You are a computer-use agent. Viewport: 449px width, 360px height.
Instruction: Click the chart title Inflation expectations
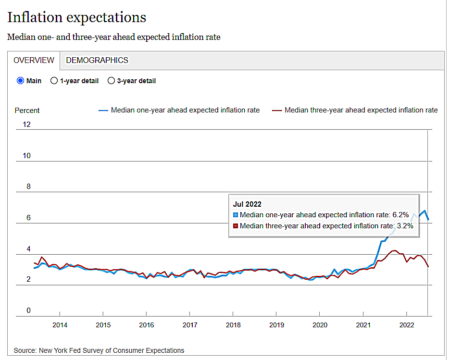point(76,18)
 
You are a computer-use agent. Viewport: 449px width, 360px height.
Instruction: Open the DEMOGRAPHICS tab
point(97,60)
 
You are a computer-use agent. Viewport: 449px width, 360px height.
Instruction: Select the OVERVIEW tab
point(34,60)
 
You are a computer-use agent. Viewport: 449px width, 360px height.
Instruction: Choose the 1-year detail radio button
point(54,81)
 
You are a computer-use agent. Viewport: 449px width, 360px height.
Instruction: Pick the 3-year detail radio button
point(111,81)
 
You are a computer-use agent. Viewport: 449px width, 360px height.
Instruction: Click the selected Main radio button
point(20,81)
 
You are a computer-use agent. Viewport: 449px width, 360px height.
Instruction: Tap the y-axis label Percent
point(27,111)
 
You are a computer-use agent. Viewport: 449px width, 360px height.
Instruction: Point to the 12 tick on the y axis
point(26,124)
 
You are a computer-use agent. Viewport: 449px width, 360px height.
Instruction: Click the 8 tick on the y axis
point(28,186)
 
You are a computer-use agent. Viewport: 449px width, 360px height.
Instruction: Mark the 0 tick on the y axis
point(28,310)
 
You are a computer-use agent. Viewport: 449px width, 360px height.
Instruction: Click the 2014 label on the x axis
point(60,325)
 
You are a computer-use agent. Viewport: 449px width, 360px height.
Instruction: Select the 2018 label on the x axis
point(233,325)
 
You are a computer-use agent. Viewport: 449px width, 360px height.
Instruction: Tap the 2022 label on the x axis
point(407,325)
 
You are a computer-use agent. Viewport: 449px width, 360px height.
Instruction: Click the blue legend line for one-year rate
point(103,110)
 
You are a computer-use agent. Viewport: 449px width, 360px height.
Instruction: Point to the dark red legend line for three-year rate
point(277,110)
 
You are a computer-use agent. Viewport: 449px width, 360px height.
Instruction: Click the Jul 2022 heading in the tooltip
point(247,204)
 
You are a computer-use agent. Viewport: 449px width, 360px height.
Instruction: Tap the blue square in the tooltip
point(236,215)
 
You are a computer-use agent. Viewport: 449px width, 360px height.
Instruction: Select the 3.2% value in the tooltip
point(404,225)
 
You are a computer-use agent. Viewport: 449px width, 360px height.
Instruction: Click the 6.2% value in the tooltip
point(400,215)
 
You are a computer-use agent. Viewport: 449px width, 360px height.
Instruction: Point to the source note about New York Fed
point(99,350)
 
